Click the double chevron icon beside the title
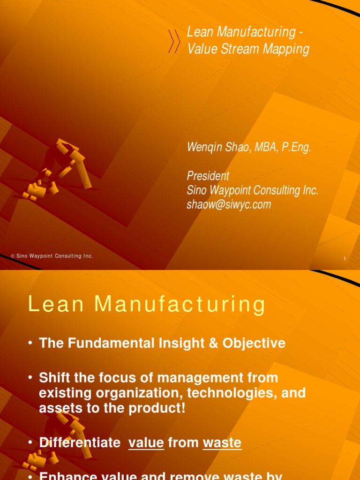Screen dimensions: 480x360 (174, 41)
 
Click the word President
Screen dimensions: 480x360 (208, 176)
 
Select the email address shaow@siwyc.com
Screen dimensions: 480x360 (229, 204)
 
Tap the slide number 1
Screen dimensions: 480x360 (345, 259)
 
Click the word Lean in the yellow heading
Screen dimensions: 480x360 (56, 304)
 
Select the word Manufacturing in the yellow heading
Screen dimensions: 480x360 (180, 304)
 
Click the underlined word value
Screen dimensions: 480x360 (146, 442)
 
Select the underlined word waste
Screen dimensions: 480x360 (222, 442)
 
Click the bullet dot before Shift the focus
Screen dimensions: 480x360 (30, 378)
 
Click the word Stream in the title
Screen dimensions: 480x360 (238, 49)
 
